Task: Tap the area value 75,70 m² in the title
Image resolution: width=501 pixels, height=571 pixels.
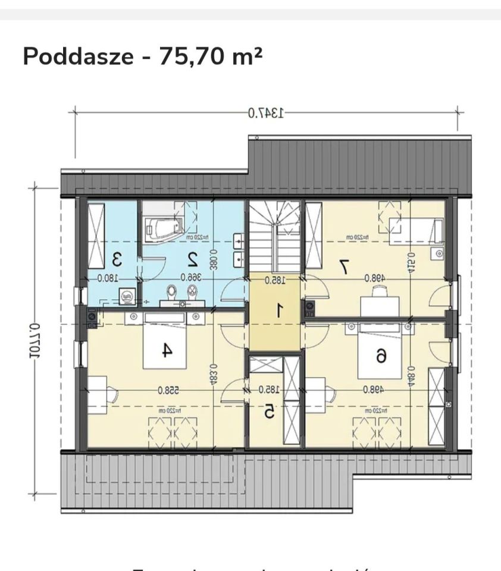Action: (211, 57)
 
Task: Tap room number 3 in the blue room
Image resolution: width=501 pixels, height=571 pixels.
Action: (118, 259)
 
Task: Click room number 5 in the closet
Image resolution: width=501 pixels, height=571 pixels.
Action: (269, 410)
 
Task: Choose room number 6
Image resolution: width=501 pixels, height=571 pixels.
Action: (381, 356)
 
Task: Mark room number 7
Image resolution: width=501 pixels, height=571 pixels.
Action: (344, 266)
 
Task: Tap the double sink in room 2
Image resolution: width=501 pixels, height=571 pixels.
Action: (239, 250)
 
